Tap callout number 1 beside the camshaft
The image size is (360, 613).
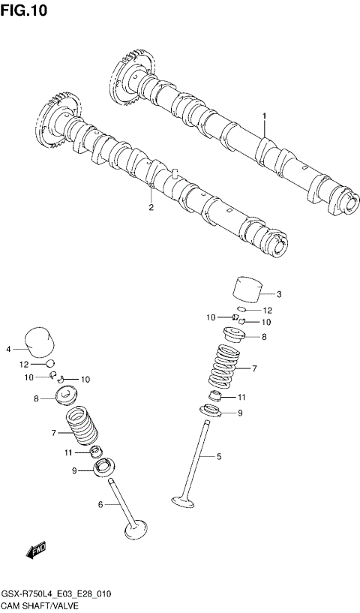point(264,116)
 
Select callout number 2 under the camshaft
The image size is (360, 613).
point(151,208)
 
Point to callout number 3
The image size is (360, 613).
point(278,293)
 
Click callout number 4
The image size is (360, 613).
point(8,349)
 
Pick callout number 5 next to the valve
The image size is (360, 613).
point(220,455)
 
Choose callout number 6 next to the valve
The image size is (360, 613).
point(100,504)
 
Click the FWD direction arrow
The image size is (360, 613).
point(36,553)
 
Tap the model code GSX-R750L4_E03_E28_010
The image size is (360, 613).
point(56,593)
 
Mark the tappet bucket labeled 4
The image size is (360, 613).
point(39,341)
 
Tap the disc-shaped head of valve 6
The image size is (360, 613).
point(135,531)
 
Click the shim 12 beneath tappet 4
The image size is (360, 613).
point(50,364)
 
